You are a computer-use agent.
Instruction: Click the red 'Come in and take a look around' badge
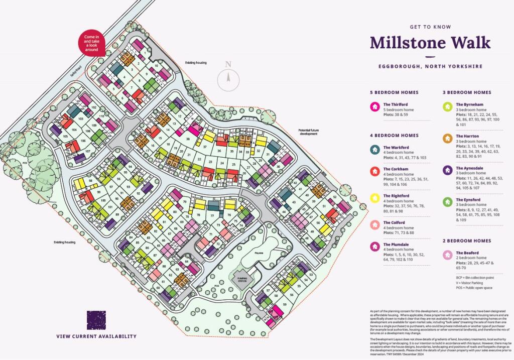point(91,43)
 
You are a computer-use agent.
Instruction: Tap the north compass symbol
point(228,78)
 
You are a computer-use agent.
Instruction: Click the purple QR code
point(96,320)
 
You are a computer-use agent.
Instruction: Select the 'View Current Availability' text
point(96,336)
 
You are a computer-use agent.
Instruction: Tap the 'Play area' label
point(259,254)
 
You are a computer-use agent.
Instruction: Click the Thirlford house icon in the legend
point(374,106)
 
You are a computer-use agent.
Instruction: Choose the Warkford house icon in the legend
point(374,150)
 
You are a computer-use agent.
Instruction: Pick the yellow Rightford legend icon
point(374,198)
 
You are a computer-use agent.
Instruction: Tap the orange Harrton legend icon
point(447,138)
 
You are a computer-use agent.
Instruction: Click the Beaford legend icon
point(447,255)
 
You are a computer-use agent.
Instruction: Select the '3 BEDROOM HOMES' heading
point(467,92)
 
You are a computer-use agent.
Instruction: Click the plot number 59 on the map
point(285,305)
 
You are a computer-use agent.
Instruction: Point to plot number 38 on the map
point(188,139)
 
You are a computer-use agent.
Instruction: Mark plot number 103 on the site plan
point(80,119)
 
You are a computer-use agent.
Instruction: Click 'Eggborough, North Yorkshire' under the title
point(430,66)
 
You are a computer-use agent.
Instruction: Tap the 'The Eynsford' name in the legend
point(469,200)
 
